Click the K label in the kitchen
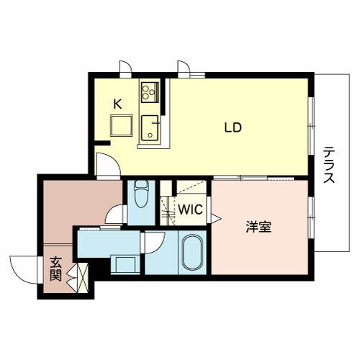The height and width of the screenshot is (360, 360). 117,103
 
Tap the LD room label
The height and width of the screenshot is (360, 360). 232,128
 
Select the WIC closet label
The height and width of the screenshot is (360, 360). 191,210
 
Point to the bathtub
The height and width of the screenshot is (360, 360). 190,253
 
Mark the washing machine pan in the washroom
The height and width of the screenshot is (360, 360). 125,264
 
